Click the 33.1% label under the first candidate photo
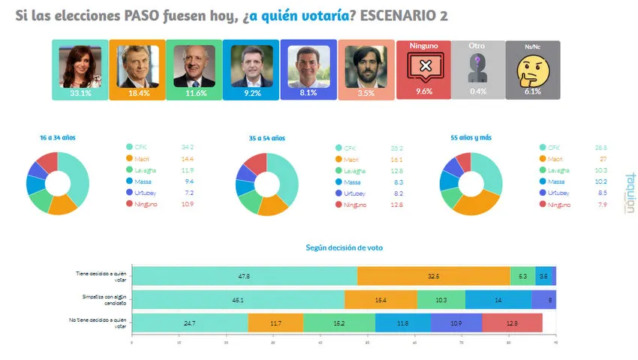coord(80,94)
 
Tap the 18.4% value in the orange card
coord(138,94)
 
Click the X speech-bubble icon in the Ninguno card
coord(424,67)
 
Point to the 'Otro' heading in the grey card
coord(477,46)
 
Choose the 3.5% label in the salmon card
coord(366,94)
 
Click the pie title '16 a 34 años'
coord(58,138)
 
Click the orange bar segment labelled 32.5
coord(433,276)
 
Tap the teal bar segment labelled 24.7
coord(189,322)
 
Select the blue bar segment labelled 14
coord(498,299)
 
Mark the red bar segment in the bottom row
coord(512,322)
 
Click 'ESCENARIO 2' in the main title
coord(404,16)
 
